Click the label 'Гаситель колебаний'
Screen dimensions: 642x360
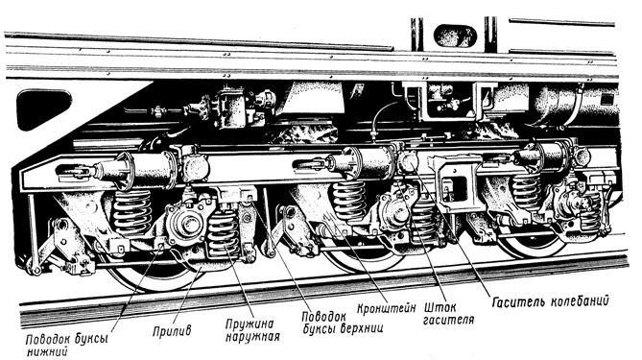point(550,301)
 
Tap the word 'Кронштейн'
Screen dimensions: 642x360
point(386,308)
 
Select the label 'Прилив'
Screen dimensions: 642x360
point(172,330)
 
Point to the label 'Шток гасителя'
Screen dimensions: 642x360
point(448,313)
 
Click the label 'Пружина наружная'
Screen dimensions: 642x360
point(252,330)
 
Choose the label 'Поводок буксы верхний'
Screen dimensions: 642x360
point(342,323)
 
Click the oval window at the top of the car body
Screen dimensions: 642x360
point(455,36)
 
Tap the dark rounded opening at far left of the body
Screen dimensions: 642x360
point(43,108)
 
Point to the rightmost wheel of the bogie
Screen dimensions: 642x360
point(533,246)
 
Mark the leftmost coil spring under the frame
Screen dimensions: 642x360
point(131,213)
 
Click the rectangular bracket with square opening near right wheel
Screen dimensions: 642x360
point(454,183)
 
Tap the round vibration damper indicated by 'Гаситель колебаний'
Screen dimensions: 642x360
point(409,161)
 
